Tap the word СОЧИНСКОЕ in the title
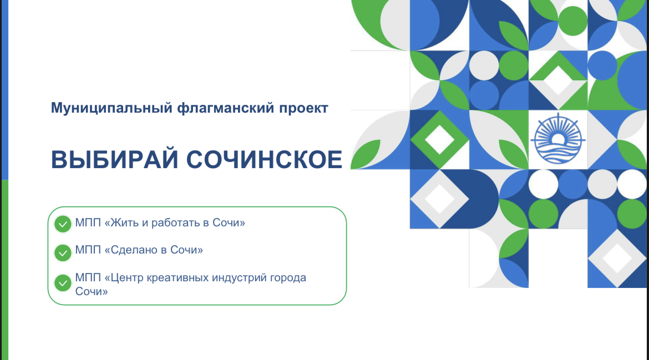pyautogui.click(x=265, y=160)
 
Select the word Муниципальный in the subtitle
pyautogui.click(x=111, y=108)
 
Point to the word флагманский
pyautogui.click(x=226, y=108)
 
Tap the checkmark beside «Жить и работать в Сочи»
pyautogui.click(x=63, y=224)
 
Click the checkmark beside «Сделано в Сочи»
pyautogui.click(x=63, y=252)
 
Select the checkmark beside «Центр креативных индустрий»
pyautogui.click(x=63, y=283)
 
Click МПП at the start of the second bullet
pyautogui.click(x=88, y=250)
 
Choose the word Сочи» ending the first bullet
pyautogui.click(x=229, y=222)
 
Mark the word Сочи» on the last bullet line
pyautogui.click(x=92, y=291)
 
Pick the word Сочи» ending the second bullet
pyautogui.click(x=187, y=250)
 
